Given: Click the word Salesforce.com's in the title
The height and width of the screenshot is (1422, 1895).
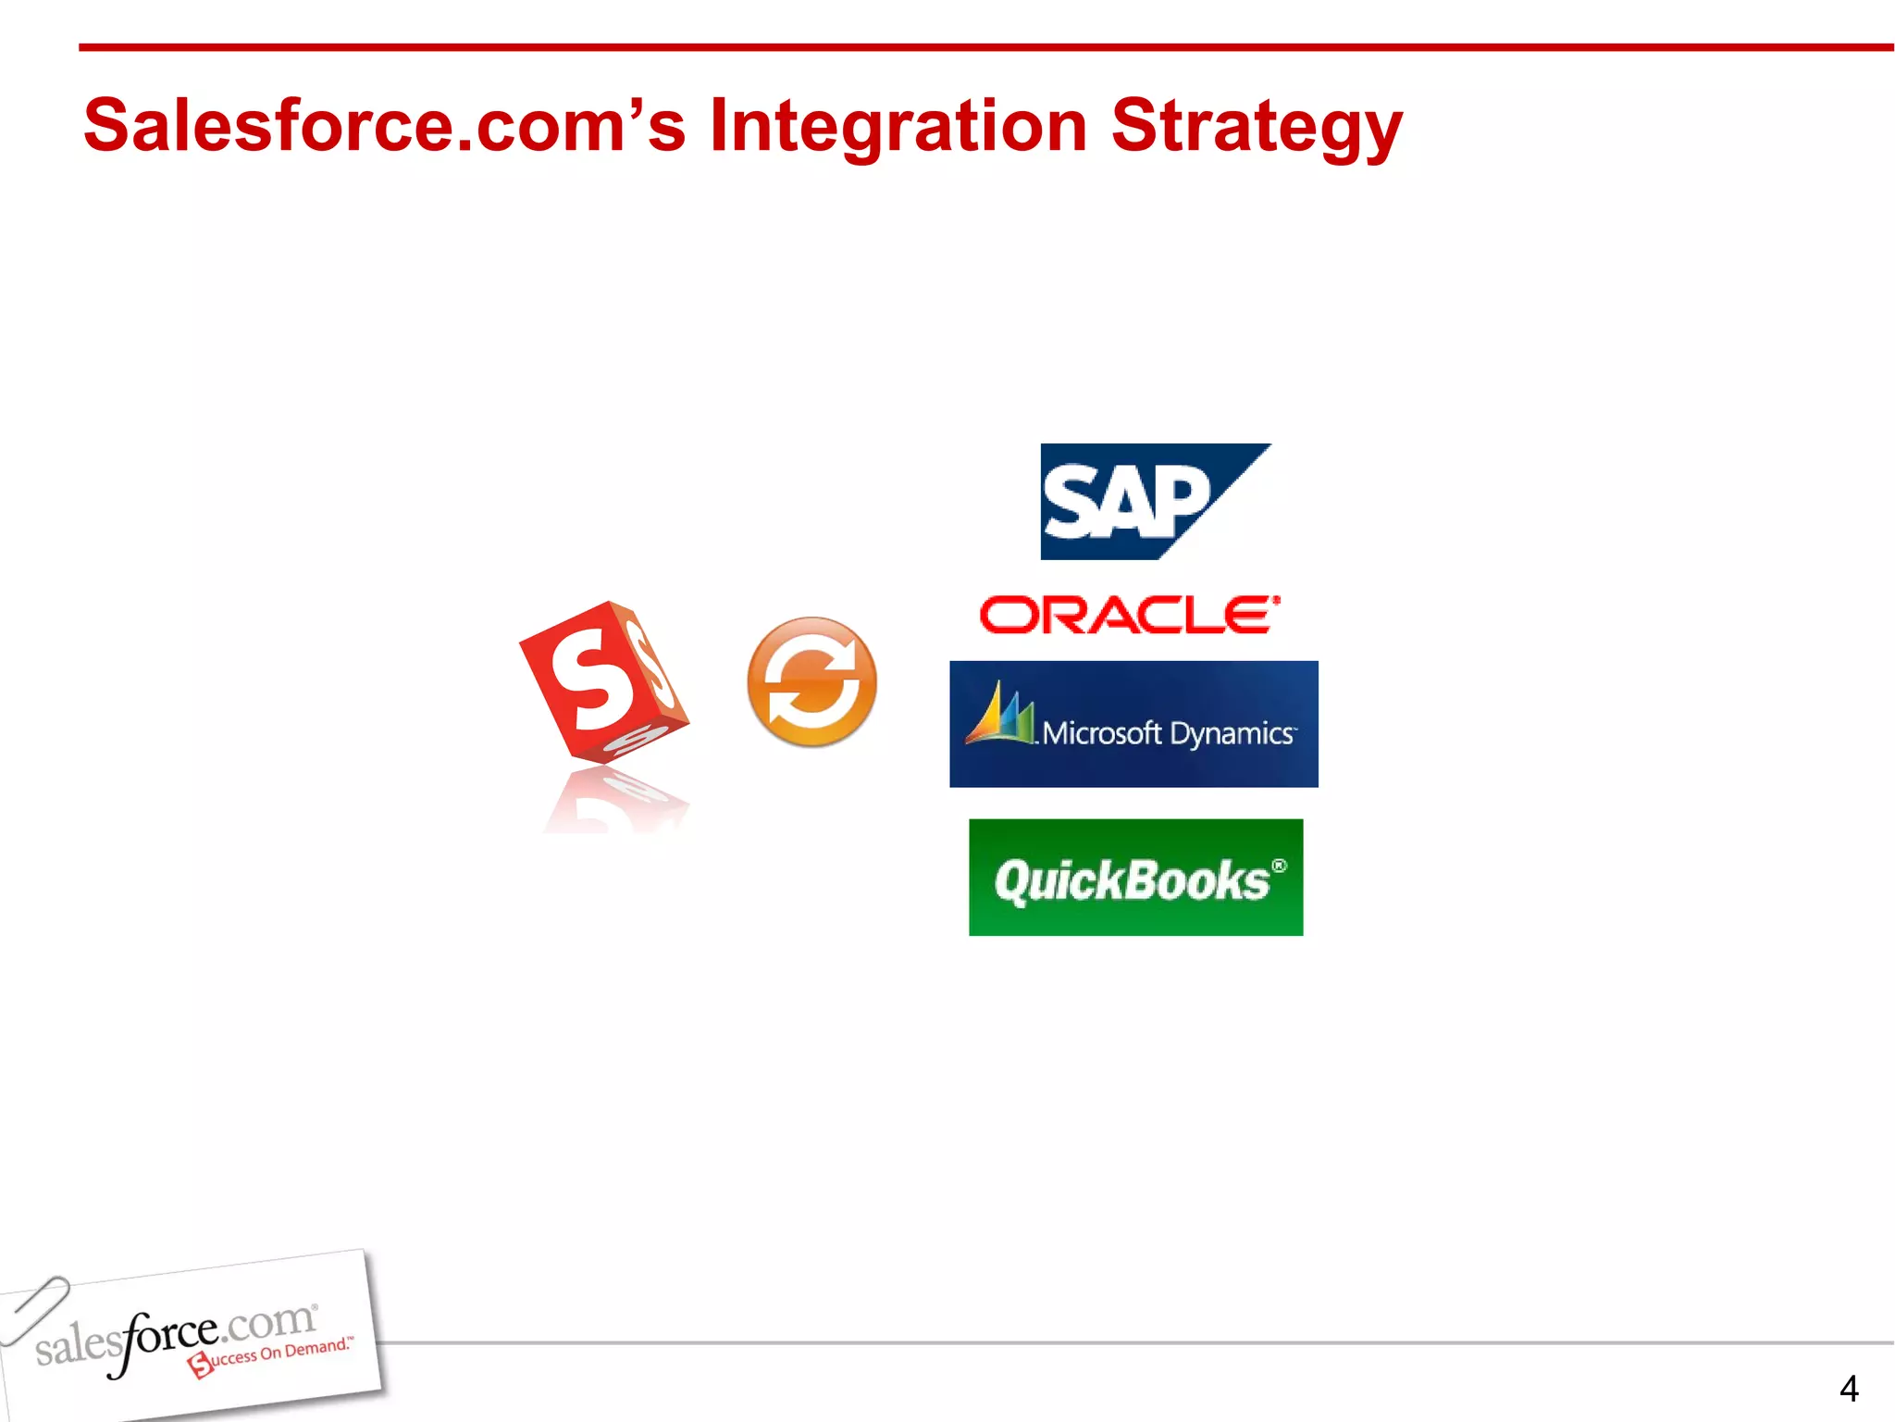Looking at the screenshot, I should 384,126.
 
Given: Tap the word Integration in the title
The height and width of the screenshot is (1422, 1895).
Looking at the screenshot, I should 898,126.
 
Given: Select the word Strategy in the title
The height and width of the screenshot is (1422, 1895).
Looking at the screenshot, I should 1256,126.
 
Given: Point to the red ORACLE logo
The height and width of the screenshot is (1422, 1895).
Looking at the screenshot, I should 1130,616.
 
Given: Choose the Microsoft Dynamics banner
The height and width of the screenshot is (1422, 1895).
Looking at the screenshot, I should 1133,724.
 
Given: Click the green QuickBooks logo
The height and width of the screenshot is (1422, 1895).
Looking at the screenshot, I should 1135,877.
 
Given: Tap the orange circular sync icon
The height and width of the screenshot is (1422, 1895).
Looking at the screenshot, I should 811,681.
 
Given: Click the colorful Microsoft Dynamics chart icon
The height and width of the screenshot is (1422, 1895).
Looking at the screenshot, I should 998,715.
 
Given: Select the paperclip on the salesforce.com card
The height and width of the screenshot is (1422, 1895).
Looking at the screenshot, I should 35,1308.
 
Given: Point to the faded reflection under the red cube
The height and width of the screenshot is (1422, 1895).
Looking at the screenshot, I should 615,801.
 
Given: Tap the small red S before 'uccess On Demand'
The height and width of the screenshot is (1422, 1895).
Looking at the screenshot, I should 200,1365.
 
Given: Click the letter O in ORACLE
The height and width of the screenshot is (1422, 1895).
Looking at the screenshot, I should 1009,616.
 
